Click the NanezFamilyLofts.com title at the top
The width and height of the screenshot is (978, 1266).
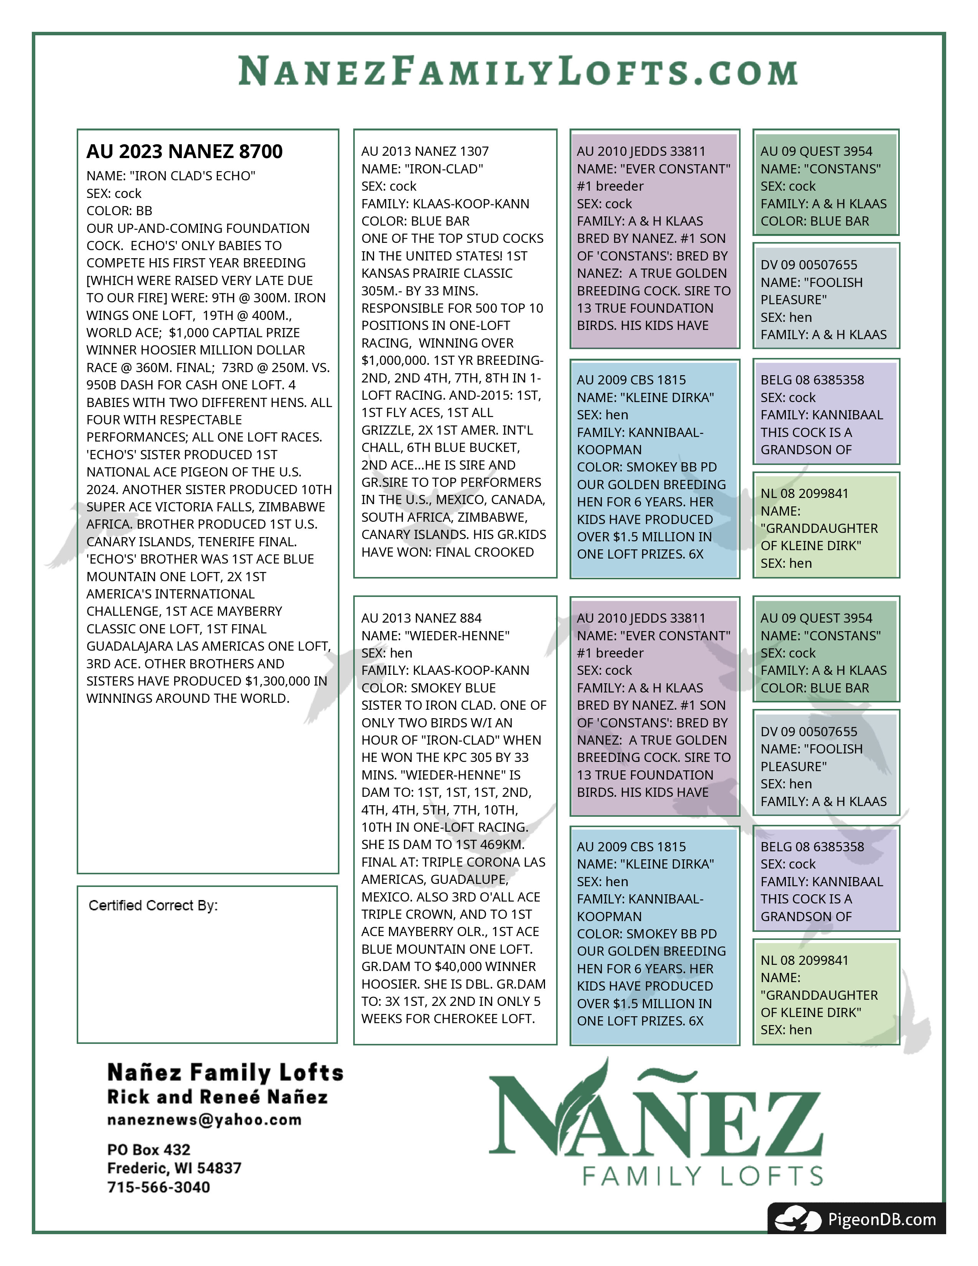coord(518,71)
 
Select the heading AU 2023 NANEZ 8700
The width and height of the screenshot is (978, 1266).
coord(184,151)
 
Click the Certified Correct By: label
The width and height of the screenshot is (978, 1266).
coord(153,905)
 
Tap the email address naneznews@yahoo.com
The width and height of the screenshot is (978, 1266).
coord(204,1120)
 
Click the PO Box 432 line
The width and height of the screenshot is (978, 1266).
coord(148,1149)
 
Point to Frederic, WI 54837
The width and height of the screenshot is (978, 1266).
coord(174,1168)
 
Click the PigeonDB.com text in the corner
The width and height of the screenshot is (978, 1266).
coord(881,1220)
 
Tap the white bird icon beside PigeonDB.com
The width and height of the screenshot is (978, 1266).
coord(798,1219)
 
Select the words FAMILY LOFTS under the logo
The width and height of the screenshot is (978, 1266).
coord(702,1177)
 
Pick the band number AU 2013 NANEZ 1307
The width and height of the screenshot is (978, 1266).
coord(425,151)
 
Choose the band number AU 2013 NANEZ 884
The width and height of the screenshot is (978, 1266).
coord(421,618)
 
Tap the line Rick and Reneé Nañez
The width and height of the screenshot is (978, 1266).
coord(217,1097)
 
